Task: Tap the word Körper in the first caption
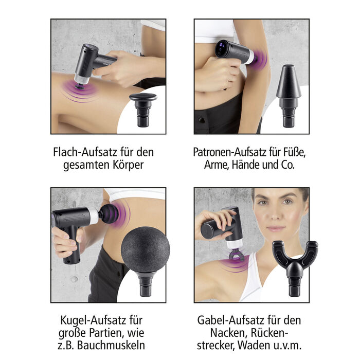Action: [x=128, y=166]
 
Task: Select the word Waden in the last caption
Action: [x=277, y=346]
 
